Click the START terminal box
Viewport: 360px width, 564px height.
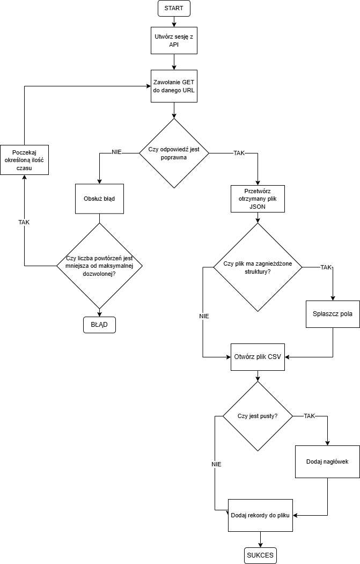click(x=174, y=8)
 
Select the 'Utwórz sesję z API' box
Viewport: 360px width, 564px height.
click(x=174, y=41)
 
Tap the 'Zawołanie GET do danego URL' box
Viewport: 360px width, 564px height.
click(x=174, y=86)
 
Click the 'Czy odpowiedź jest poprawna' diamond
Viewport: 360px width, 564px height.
click(x=174, y=153)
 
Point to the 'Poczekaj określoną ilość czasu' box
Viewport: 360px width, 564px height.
click(x=24, y=160)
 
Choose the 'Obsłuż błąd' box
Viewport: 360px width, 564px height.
click(x=99, y=199)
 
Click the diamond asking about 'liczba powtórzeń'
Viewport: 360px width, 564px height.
click(x=99, y=266)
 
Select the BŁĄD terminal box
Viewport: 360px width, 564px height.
click(x=99, y=325)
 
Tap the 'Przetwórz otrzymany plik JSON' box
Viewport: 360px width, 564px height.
click(x=258, y=199)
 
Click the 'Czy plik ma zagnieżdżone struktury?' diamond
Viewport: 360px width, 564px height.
click(x=258, y=267)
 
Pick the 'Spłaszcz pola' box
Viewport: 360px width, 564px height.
click(x=333, y=314)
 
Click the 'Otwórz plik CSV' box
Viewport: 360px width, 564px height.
click(x=258, y=357)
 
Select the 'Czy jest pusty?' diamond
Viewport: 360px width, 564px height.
click(x=258, y=416)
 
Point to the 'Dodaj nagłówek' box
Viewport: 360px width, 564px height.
click(x=327, y=462)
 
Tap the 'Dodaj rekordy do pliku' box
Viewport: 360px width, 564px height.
click(x=260, y=515)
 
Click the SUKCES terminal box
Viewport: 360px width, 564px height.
click(x=260, y=556)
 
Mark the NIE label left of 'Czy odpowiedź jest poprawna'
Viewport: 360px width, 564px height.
click(x=116, y=152)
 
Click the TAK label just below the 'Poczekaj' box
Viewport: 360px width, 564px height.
click(x=24, y=222)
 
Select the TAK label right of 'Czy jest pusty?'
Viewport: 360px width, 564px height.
click(x=309, y=416)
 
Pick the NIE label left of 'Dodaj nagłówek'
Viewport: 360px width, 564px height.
click(x=216, y=464)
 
